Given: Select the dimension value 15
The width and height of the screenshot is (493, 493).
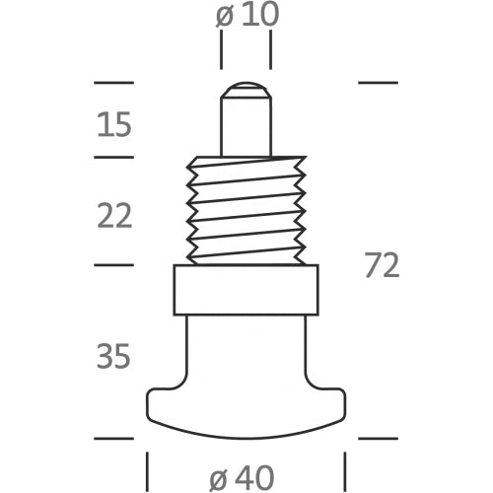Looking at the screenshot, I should click(x=114, y=125).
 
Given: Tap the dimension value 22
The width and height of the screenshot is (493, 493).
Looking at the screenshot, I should click(x=114, y=215).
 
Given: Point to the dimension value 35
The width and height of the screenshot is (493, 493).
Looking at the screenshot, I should click(x=114, y=356).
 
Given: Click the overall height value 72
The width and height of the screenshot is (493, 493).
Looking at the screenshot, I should click(x=382, y=265).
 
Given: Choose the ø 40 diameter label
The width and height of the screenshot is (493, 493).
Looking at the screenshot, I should click(x=243, y=477).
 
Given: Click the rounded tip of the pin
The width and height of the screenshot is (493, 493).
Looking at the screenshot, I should click(x=245, y=94).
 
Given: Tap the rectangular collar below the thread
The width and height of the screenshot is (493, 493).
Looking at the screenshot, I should click(x=246, y=290).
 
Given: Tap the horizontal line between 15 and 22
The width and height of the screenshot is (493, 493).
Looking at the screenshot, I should click(x=112, y=157).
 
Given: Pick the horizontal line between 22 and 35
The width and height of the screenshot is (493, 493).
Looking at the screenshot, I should click(x=112, y=264).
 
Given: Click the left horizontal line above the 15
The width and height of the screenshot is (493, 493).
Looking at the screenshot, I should click(x=112, y=82).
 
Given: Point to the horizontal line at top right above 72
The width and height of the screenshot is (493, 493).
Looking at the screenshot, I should click(x=378, y=82).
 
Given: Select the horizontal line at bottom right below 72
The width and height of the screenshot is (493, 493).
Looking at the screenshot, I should click(x=378, y=438).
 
